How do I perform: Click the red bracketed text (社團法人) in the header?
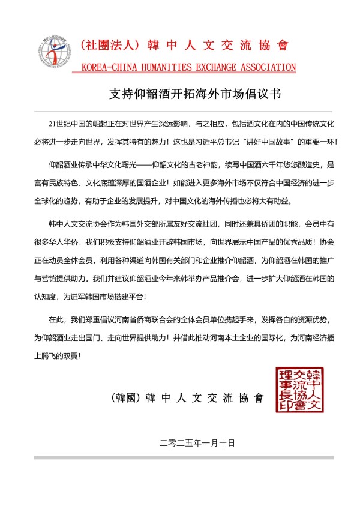110,45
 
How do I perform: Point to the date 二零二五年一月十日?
197,443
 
